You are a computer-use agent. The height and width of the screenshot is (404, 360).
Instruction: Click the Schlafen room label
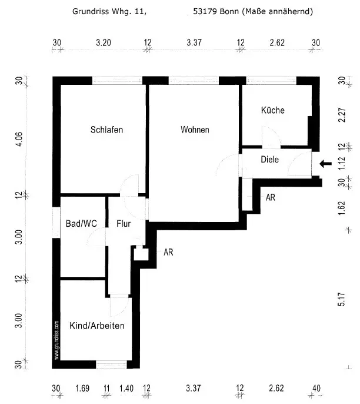pyautogui.click(x=106, y=130)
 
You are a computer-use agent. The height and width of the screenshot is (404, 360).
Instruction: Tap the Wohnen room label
pyautogui.click(x=195, y=130)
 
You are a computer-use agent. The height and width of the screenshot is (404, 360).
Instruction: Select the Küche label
pyautogui.click(x=273, y=110)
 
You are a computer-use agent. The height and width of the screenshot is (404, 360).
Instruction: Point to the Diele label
pyautogui.click(x=269, y=160)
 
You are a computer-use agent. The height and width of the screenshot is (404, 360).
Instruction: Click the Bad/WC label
pyautogui.click(x=82, y=223)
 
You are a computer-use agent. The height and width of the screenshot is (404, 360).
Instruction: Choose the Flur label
pyautogui.click(x=124, y=223)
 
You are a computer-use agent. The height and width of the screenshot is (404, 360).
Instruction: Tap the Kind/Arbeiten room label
pyautogui.click(x=96, y=326)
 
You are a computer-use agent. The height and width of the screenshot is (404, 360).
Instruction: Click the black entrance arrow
pyautogui.click(x=326, y=163)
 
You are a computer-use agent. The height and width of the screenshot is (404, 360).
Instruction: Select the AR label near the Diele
pyautogui.click(x=271, y=198)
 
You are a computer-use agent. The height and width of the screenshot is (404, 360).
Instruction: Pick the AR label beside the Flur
pyautogui.click(x=168, y=252)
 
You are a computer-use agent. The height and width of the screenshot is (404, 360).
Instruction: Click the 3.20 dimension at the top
pyautogui.click(x=103, y=42)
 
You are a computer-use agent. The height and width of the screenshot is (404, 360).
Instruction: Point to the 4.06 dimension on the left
pyautogui.click(x=19, y=139)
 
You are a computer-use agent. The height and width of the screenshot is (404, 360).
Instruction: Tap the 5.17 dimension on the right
pyautogui.click(x=341, y=300)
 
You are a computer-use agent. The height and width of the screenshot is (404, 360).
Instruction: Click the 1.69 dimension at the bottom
pyautogui.click(x=82, y=388)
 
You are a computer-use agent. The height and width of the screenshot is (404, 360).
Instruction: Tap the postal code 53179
pyautogui.click(x=204, y=11)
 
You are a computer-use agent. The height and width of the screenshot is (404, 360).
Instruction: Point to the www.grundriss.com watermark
pyautogui.click(x=57, y=340)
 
